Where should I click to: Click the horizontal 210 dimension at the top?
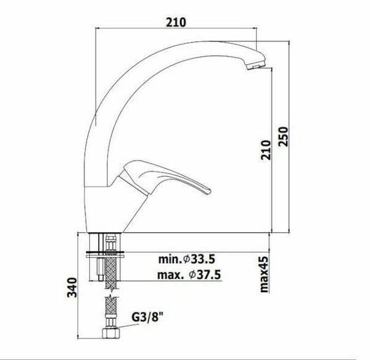176,22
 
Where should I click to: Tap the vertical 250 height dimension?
283,136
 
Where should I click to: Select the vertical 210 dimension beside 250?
266,150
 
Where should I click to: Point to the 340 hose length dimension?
72,287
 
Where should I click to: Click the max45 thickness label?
264,274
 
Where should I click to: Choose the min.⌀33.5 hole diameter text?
187,259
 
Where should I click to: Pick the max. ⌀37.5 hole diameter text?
189,275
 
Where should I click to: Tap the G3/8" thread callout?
147,317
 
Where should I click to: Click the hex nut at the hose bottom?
111,333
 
